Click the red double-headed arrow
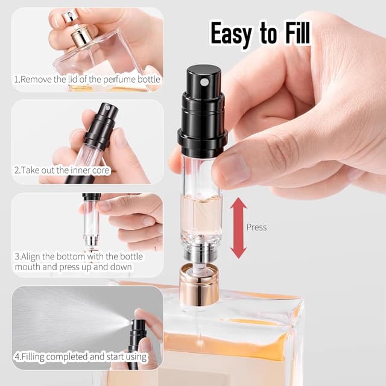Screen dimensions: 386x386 tap(239, 227)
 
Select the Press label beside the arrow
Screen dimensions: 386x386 tap(256, 227)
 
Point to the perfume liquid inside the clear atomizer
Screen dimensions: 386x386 tap(201, 214)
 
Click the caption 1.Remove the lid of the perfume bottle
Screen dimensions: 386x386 tap(87, 79)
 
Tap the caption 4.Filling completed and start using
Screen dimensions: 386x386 tap(78, 356)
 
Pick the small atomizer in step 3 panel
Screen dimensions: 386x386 tap(92, 220)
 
